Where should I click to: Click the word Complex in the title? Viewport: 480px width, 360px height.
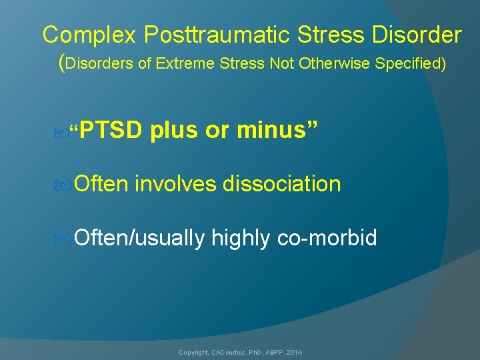pyautogui.click(x=83, y=35)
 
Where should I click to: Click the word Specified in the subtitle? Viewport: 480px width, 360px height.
pyautogui.click(x=407, y=64)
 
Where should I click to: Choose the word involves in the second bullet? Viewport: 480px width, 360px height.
pyautogui.click(x=176, y=184)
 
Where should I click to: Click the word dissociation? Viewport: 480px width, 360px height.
pyautogui.click(x=282, y=184)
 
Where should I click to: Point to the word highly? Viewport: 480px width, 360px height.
pyautogui.click(x=241, y=237)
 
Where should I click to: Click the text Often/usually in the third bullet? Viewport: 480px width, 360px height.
pyautogui.click(x=139, y=237)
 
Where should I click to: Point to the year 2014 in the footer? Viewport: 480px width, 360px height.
pyautogui.click(x=294, y=352)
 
